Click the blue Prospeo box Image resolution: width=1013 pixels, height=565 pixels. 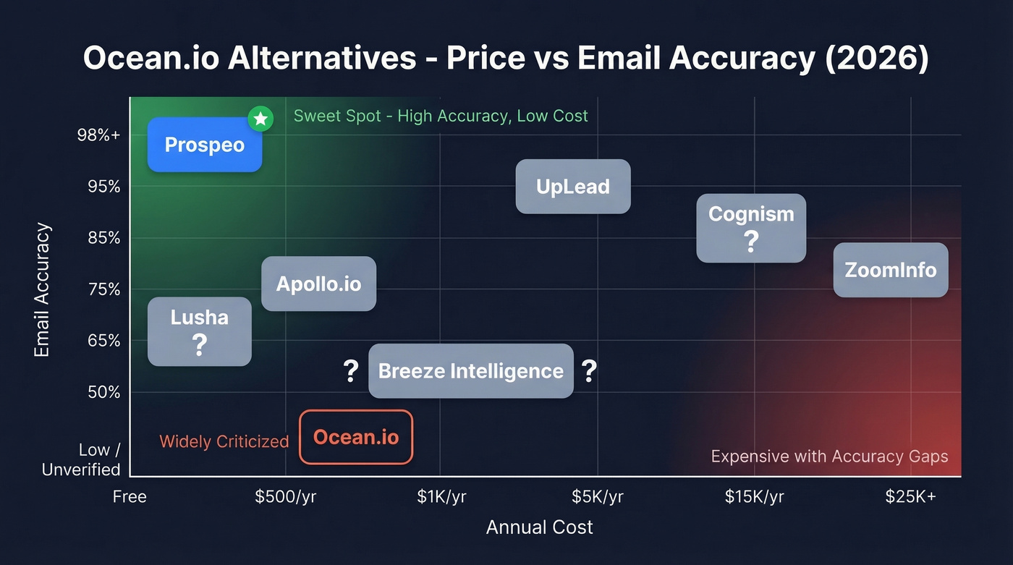[204, 145]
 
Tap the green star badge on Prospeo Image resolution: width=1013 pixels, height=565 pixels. [260, 119]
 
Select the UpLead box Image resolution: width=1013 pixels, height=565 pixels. [572, 187]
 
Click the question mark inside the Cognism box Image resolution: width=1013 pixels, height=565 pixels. [751, 242]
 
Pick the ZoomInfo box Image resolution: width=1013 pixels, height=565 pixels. [890, 270]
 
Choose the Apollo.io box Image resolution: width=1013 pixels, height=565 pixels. [318, 284]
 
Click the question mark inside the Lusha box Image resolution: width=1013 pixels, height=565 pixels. [199, 345]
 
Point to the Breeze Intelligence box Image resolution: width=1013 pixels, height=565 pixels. [470, 371]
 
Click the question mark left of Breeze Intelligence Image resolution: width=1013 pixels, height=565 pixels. [351, 371]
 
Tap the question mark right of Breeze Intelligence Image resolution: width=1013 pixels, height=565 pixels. [589, 371]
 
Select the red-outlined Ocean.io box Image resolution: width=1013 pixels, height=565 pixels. [355, 437]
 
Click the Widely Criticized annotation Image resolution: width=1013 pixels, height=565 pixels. [224, 441]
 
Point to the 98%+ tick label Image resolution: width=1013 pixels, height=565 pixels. [99, 135]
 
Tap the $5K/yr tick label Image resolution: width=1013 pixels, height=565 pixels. [597, 497]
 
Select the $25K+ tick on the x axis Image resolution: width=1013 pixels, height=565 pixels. [910, 497]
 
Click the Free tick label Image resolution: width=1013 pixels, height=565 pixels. [130, 497]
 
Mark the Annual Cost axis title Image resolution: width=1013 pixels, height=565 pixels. [539, 527]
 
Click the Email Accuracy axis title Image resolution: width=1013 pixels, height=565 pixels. [43, 289]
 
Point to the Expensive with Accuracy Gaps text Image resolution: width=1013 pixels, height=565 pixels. [829, 456]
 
